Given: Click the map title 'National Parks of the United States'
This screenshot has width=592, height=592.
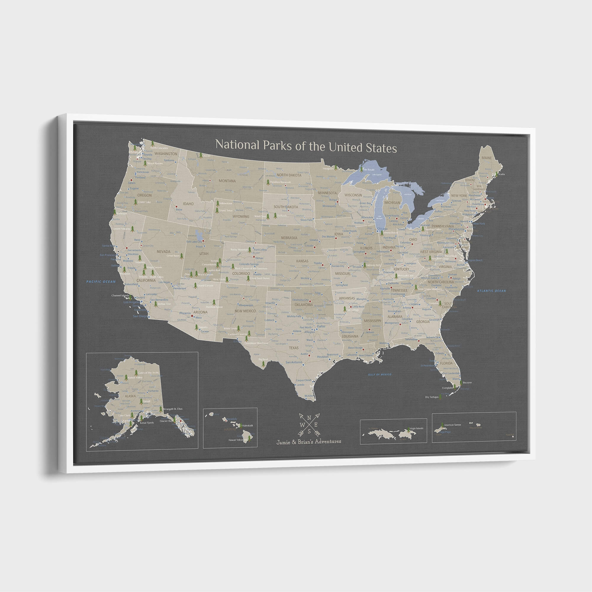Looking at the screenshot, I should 306,146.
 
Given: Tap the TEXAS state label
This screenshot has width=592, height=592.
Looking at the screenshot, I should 294,348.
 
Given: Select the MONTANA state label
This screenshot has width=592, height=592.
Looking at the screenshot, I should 227,181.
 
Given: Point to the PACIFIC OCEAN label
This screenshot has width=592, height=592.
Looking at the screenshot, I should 101,281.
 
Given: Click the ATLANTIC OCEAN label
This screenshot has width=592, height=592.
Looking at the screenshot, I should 491,291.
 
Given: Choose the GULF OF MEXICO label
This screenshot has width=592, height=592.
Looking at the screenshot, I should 380,374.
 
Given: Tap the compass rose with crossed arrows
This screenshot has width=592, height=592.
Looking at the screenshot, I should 309,424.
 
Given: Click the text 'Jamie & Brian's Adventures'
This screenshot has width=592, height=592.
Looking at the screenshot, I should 308,442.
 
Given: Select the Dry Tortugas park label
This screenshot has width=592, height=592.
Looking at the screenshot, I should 432,397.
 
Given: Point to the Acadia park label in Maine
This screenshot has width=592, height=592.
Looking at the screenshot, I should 501,174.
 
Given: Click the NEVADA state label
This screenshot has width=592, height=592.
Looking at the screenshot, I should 163,252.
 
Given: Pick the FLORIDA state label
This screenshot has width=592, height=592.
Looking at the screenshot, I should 446,363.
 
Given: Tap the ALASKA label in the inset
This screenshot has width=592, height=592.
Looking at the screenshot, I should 130,396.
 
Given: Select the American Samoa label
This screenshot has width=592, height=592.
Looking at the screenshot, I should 452,425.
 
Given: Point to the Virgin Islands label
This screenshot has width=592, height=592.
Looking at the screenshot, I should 416,428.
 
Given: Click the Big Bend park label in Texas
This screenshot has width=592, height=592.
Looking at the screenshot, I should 263,359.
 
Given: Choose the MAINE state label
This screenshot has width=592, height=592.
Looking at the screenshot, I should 486,158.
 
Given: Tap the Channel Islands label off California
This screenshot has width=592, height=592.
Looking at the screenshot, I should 120,296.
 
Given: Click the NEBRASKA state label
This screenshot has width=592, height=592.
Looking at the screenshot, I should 289,238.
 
